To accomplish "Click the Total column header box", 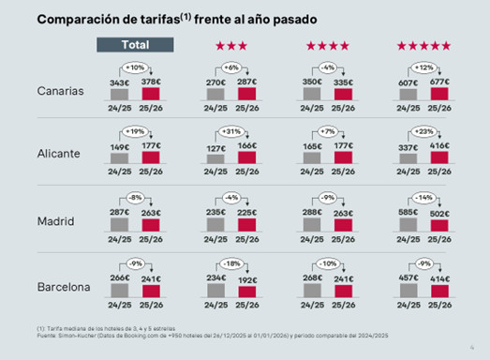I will point(136,45).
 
